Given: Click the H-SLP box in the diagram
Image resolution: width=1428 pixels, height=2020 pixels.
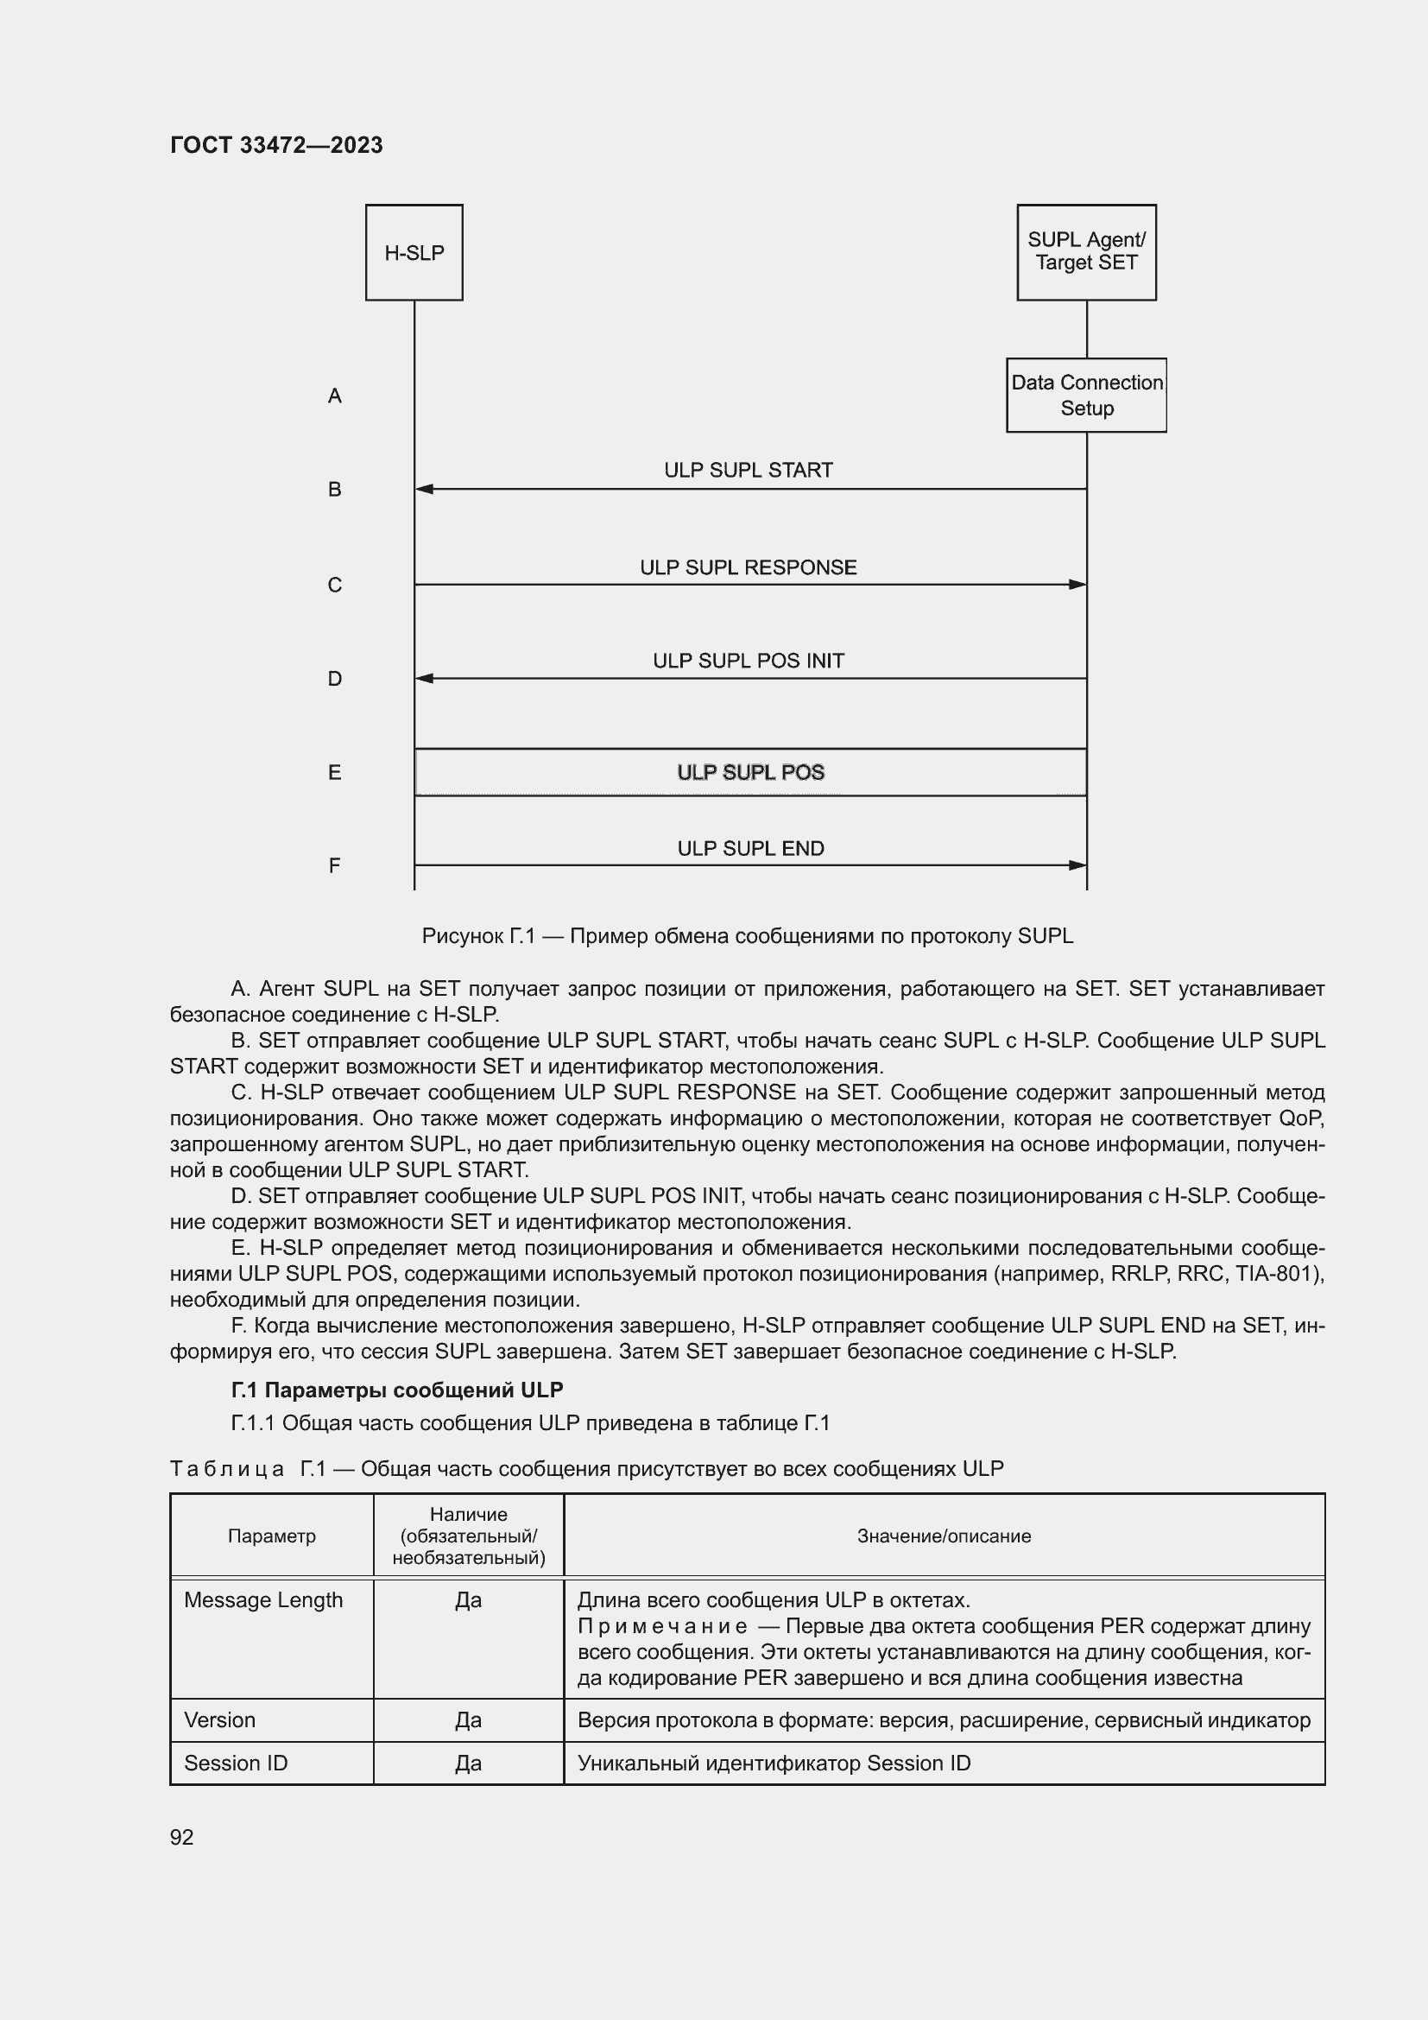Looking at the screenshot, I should pos(414,252).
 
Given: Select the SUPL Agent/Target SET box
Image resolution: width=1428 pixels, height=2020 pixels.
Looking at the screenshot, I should pos(1086,251).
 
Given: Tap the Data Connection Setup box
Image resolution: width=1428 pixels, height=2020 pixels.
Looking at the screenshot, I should pos(1086,395).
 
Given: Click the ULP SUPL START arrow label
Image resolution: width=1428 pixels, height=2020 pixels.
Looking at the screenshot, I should pos(749,470).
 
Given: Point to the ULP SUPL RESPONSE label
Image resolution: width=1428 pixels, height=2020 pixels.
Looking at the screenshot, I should pos(749,567).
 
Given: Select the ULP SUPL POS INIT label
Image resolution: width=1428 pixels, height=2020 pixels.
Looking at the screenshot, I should pos(749,661).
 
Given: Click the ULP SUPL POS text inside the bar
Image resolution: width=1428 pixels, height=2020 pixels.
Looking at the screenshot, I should pos(750,772).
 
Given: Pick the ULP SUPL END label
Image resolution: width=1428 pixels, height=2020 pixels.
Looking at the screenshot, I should pos(750,848).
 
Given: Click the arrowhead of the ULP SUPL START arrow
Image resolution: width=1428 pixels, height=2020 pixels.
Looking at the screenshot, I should pos(424,489).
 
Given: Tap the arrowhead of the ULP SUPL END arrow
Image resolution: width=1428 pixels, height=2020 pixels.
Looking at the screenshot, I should pos(1078,865).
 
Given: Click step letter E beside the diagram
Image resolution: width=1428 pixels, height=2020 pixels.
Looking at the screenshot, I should pos(335,772).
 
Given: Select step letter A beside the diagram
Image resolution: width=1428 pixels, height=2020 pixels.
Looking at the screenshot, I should pos(335,396).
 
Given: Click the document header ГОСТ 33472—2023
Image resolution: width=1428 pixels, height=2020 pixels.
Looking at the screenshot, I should pos(276,145).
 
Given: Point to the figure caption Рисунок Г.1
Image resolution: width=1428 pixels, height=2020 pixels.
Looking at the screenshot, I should pos(748,936).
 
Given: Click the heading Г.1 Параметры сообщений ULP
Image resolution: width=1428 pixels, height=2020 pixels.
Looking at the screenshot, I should pos(396,1390).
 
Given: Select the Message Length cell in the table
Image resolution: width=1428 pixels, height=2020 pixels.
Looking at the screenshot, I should pos(263,1600).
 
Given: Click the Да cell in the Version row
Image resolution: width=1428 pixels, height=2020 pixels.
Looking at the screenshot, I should pos(468,1720).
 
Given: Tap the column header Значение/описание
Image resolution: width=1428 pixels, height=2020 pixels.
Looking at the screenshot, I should pos(944,1536).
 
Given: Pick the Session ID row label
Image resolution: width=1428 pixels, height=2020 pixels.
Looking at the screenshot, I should pos(236,1764).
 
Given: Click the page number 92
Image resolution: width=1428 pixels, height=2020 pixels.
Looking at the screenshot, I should pos(182,1837).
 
